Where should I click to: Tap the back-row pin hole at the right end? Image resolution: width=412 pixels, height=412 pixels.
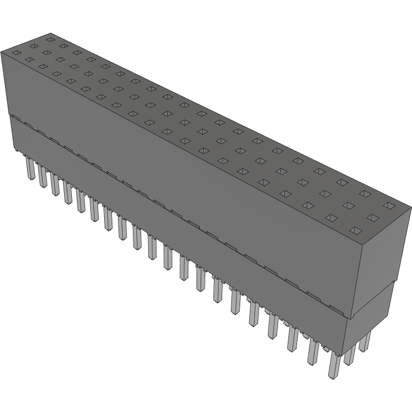click(389, 206)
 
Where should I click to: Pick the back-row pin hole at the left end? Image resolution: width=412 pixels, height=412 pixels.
click(50, 39)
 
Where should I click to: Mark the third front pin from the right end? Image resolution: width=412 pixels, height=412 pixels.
click(292, 339)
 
